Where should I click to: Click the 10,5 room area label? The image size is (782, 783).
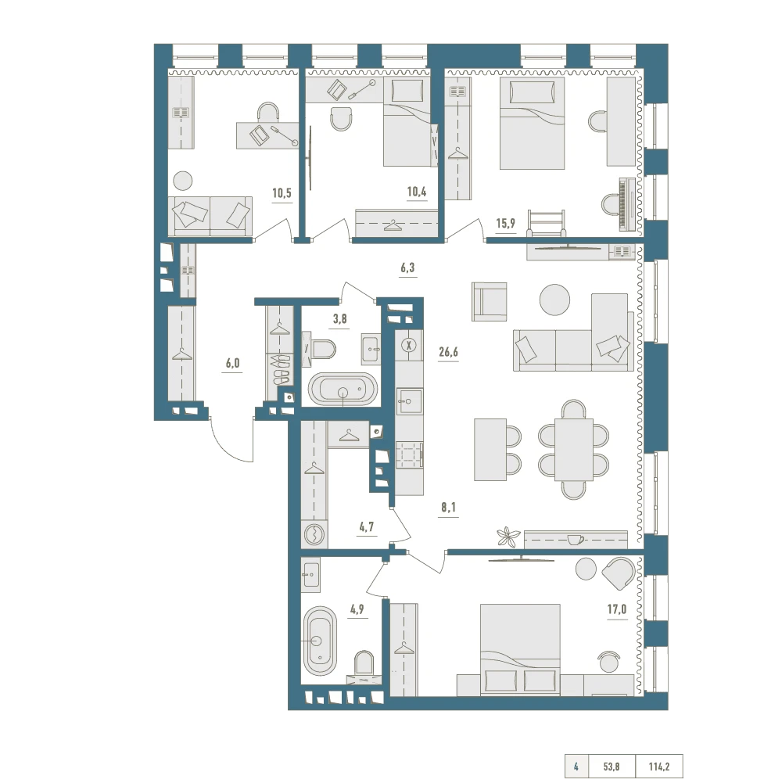click(x=282, y=192)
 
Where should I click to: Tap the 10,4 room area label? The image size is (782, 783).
click(x=417, y=192)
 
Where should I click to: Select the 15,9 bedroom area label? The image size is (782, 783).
click(x=505, y=223)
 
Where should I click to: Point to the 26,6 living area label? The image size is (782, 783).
click(x=448, y=352)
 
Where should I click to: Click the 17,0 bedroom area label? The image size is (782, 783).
click(x=617, y=609)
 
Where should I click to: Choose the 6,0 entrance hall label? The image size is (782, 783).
click(x=233, y=363)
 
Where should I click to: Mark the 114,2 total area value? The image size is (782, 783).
click(x=659, y=767)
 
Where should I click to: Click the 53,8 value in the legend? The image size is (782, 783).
click(x=612, y=767)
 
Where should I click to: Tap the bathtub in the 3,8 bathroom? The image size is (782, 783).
click(x=343, y=388)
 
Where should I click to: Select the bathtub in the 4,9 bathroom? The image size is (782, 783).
click(x=320, y=641)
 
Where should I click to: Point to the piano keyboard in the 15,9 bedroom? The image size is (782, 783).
click(x=626, y=204)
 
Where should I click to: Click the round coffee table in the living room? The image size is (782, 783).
click(x=554, y=300)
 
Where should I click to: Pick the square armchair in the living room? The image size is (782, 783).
click(x=490, y=301)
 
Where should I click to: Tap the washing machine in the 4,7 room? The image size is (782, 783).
click(x=314, y=534)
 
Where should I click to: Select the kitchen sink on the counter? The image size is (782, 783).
click(x=410, y=401)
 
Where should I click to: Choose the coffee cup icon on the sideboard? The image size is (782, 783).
click(x=576, y=540)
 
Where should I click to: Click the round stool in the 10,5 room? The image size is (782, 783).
click(x=183, y=180)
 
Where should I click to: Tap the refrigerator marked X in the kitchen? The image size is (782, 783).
click(x=410, y=345)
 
